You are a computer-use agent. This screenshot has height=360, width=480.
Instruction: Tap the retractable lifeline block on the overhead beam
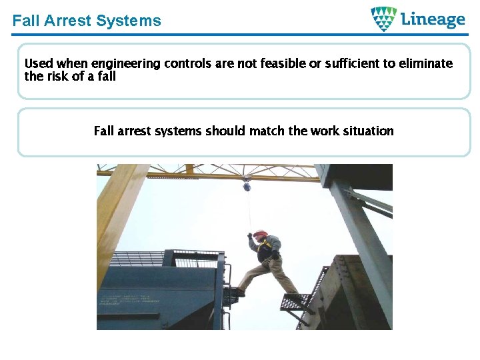tap(247, 186)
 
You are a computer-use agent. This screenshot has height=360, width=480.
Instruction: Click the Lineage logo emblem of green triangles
tap(383, 19)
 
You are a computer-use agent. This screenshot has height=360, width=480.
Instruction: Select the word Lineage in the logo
tap(433, 19)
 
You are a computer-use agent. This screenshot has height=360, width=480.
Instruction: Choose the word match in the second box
tap(267, 131)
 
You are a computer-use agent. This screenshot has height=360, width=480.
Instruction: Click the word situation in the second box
tap(366, 131)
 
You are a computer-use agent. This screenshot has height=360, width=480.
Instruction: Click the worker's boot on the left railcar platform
tap(239, 291)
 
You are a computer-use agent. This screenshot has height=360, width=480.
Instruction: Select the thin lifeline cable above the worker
tap(249, 210)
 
